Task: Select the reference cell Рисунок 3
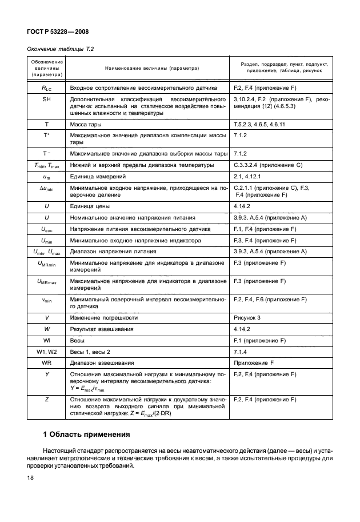(250, 317)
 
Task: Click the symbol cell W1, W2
(46, 351)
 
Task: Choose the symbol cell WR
(46, 362)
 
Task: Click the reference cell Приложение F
(257, 362)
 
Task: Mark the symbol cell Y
(46, 374)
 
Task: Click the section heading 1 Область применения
(87, 434)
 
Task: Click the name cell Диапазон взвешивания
(102, 362)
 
